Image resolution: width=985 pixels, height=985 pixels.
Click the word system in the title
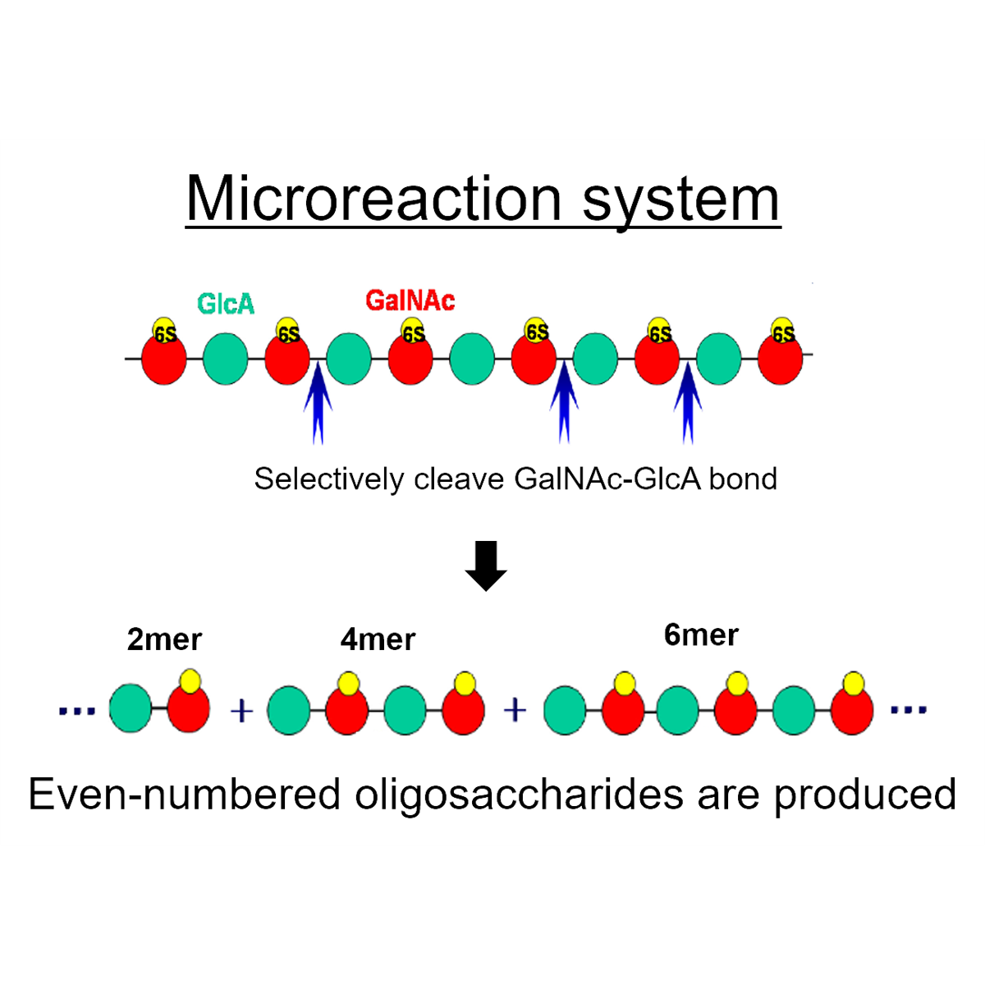[x=680, y=203]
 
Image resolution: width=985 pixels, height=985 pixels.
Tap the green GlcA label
[x=226, y=304]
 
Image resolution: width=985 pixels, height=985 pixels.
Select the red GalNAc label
[x=410, y=300]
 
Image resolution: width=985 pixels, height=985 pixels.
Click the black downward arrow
[x=486, y=566]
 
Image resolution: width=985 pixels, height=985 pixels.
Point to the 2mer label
[x=164, y=639]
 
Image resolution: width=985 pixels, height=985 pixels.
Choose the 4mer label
[x=378, y=639]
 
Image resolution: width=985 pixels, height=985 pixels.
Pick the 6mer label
[x=701, y=635]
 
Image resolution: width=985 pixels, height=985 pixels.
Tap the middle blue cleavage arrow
[x=564, y=402]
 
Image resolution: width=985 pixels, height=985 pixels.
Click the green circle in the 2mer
[x=131, y=708]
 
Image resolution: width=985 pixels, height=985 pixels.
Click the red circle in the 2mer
[x=189, y=708]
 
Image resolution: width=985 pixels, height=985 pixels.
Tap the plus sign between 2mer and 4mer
[x=242, y=711]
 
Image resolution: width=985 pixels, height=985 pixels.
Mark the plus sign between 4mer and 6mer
[x=515, y=711]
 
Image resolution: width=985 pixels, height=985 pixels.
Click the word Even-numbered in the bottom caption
[x=185, y=795]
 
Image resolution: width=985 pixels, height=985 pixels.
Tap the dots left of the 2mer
[x=77, y=711]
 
